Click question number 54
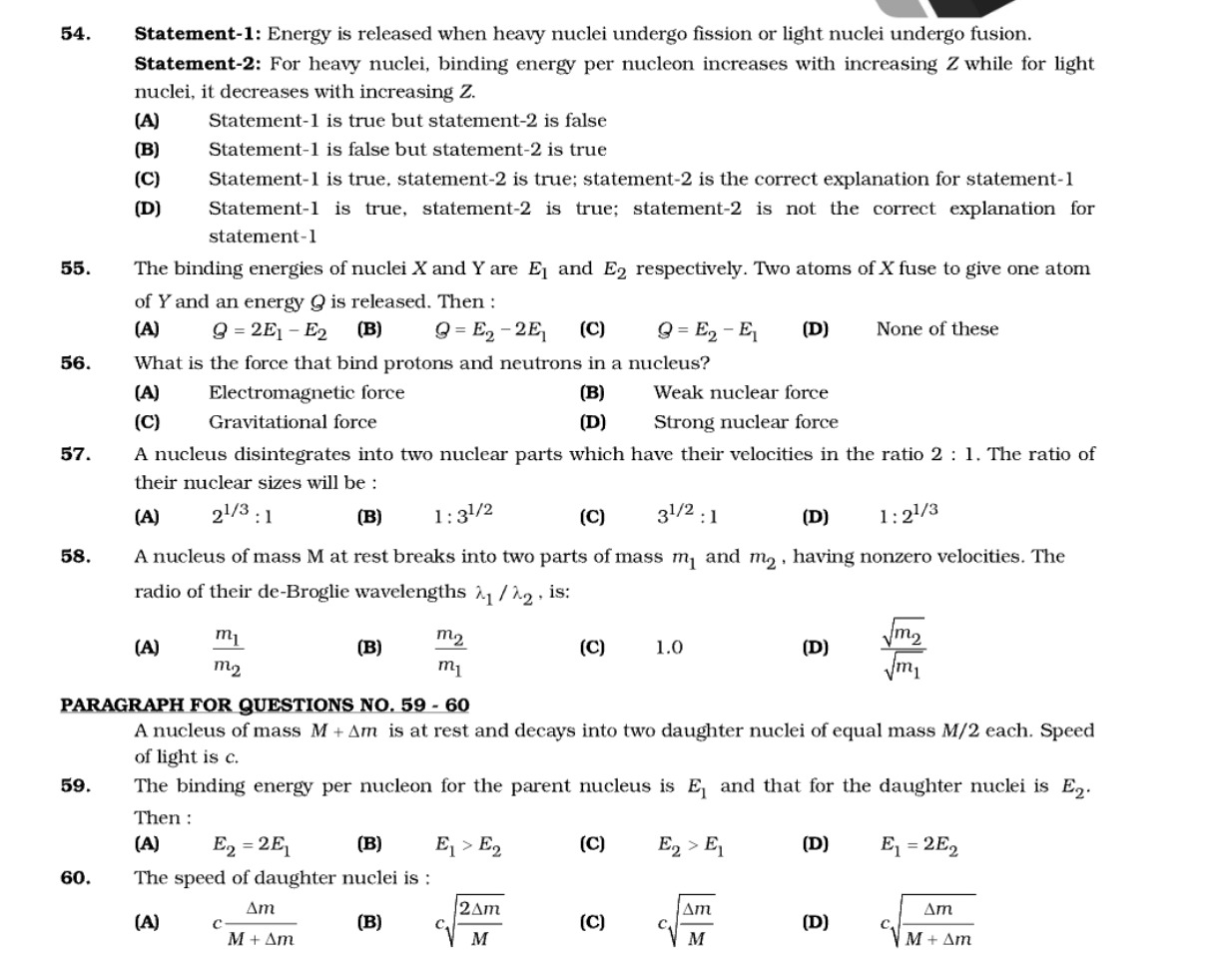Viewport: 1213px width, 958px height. tap(75, 34)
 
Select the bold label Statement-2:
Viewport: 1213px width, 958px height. tap(198, 64)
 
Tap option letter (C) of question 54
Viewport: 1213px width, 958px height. tap(147, 180)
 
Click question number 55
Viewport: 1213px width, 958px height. tap(75, 268)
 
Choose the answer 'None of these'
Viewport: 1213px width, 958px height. tap(936, 329)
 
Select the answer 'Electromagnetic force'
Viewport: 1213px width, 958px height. tap(306, 393)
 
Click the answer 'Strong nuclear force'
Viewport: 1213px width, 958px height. tap(746, 422)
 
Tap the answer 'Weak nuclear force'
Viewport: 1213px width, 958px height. tap(741, 393)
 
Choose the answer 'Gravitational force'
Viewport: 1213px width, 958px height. tap(293, 422)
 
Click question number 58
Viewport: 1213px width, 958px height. tap(75, 557)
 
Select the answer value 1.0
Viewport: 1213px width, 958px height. tap(669, 648)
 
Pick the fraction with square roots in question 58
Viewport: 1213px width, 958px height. tap(903, 649)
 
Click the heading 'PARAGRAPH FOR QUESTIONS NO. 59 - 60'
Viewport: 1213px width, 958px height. tap(265, 706)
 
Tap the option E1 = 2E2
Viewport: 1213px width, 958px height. tap(918, 846)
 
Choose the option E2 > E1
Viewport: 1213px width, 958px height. tap(691, 846)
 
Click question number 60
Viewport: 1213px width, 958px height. tap(75, 878)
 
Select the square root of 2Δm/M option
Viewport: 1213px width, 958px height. tap(469, 922)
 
